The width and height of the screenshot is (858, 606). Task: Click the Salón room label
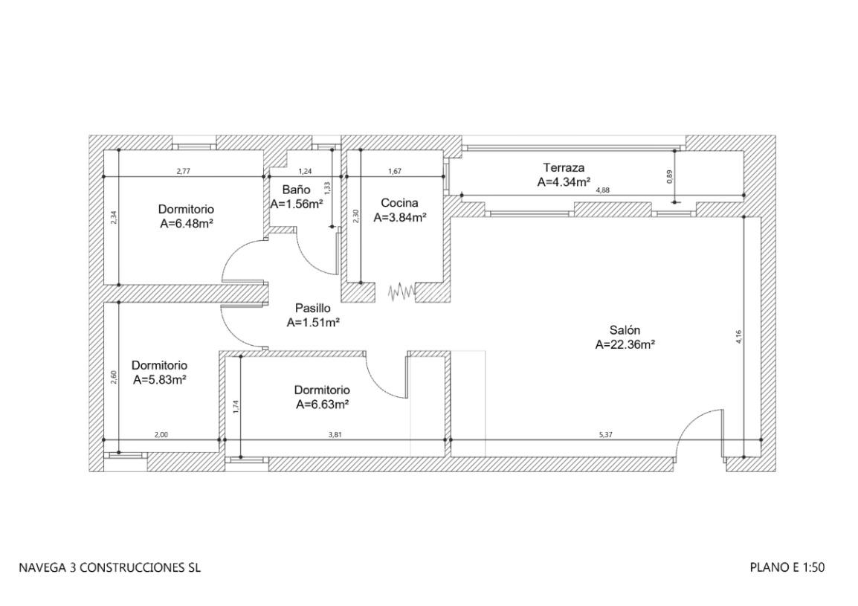point(625,330)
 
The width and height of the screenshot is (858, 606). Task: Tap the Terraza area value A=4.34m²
point(564,181)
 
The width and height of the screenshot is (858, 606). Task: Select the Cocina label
point(399,202)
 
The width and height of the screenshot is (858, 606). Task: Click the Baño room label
point(296,190)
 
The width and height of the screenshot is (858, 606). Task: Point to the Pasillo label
point(312,308)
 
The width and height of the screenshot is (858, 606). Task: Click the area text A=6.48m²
point(187,223)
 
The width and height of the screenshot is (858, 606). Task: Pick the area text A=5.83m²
point(159,379)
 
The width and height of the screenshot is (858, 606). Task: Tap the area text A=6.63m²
point(323,404)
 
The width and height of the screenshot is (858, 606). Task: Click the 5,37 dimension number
point(609,434)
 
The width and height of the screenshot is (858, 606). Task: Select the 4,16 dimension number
point(738,336)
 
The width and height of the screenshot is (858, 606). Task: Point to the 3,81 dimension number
point(335,434)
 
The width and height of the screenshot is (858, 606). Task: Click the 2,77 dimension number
point(183,172)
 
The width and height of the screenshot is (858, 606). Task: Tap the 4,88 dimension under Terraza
point(603,191)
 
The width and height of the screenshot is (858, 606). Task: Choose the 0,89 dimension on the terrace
point(670,176)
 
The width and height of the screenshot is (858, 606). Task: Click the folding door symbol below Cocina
point(401,291)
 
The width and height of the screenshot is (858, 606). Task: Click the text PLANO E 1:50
point(787,568)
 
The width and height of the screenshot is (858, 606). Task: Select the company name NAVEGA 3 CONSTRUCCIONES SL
point(109,568)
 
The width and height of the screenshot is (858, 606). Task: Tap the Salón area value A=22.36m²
point(625,344)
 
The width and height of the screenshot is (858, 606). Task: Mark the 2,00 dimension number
point(161,434)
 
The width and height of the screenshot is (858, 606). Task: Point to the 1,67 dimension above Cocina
point(395,172)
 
